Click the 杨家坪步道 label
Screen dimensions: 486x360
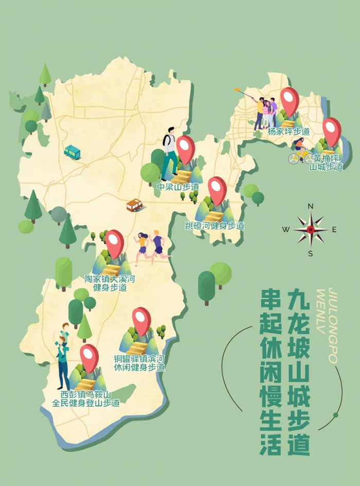pyautogui.click(x=289, y=132)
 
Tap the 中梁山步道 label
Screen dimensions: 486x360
pyautogui.click(x=178, y=186)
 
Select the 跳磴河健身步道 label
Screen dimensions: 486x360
pyautogui.click(x=214, y=226)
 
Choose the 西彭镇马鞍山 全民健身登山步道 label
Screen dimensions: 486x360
pyautogui.click(x=86, y=399)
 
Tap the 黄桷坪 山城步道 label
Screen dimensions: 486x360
pyautogui.click(x=326, y=162)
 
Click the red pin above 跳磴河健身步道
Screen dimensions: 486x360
pyautogui.click(x=217, y=190)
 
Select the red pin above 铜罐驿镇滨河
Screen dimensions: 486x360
pyautogui.click(x=141, y=320)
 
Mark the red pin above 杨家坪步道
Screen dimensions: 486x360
pyautogui.click(x=290, y=100)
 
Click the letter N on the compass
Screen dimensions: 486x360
pyautogui.click(x=311, y=206)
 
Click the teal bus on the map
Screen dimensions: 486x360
pyautogui.click(x=72, y=152)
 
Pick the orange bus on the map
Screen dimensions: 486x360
pyautogui.click(x=134, y=205)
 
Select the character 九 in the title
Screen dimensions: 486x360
pyautogui.click(x=299, y=299)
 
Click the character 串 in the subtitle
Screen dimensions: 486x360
pyautogui.click(x=271, y=299)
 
